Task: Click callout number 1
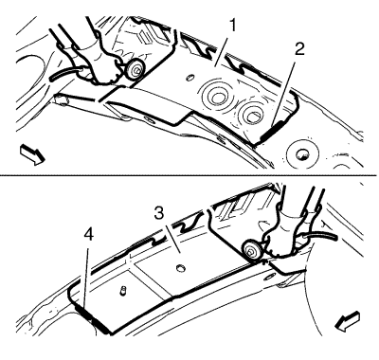click(232, 26)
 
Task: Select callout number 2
click(299, 50)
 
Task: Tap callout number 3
click(159, 214)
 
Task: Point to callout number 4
click(89, 235)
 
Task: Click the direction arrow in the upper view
click(32, 154)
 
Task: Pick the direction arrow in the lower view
click(348, 321)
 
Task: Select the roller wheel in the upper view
click(136, 70)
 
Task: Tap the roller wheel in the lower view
click(251, 250)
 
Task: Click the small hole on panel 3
click(180, 268)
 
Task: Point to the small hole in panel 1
click(189, 78)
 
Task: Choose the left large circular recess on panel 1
click(215, 97)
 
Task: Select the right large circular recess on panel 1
click(252, 115)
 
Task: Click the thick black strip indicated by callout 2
click(273, 131)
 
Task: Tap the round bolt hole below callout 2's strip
click(302, 153)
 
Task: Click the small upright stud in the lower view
click(123, 291)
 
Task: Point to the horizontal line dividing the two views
click(189, 174)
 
